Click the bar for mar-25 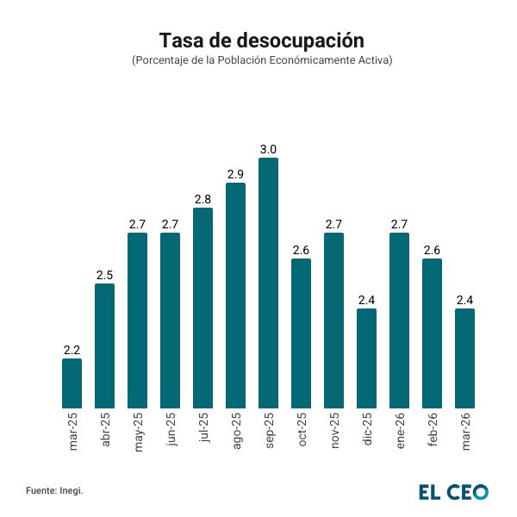pos(72,383)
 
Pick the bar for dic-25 pos(366,358)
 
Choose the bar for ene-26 pos(399,321)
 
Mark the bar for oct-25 pos(301,333)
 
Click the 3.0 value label pos(268,150)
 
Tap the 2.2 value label pos(72,350)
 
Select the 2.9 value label pos(235,175)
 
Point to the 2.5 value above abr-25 pos(104,275)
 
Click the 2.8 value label pos(202,200)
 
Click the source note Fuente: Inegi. pos(54,490)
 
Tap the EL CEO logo pos(453,491)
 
